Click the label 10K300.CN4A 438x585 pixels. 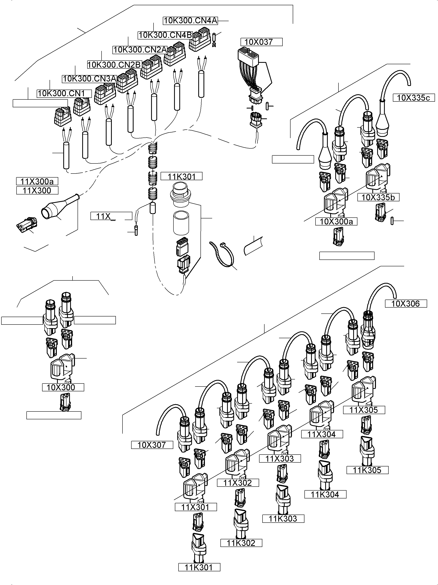[x=190, y=21]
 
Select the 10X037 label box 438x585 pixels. [x=261, y=42]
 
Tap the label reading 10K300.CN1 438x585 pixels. [x=64, y=94]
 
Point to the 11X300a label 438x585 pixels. [x=37, y=181]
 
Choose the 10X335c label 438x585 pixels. [x=414, y=98]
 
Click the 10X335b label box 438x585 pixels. [x=378, y=197]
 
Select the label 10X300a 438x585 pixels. [x=336, y=222]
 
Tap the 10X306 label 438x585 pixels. [x=406, y=304]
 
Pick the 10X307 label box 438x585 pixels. [x=152, y=445]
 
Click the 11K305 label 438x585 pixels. [x=367, y=470]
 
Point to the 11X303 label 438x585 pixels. [x=280, y=459]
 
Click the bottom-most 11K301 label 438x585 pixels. [x=199, y=567]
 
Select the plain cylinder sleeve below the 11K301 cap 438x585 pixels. [x=181, y=223]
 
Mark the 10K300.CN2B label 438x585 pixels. [x=114, y=65]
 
